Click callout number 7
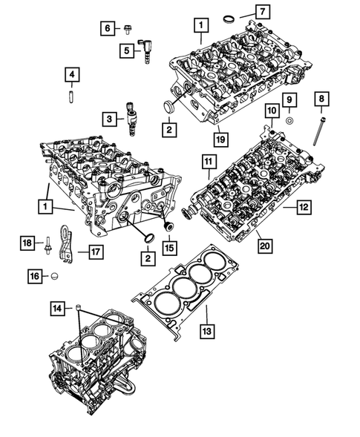[x=264, y=11]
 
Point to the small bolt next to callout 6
[x=127, y=31]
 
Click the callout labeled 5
[x=127, y=50]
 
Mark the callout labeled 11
[x=208, y=161]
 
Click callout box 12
[x=302, y=208]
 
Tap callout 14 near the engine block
[x=57, y=307]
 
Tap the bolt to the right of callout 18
[x=47, y=243]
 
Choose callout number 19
[x=220, y=137]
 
